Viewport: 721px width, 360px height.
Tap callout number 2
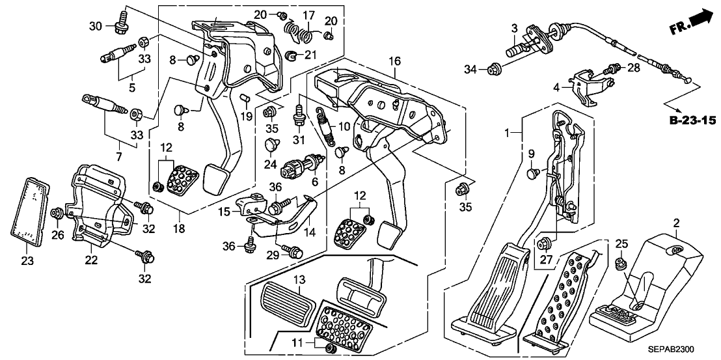pos(677,224)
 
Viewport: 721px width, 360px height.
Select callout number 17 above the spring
pos(308,14)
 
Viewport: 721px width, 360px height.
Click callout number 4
pos(556,86)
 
